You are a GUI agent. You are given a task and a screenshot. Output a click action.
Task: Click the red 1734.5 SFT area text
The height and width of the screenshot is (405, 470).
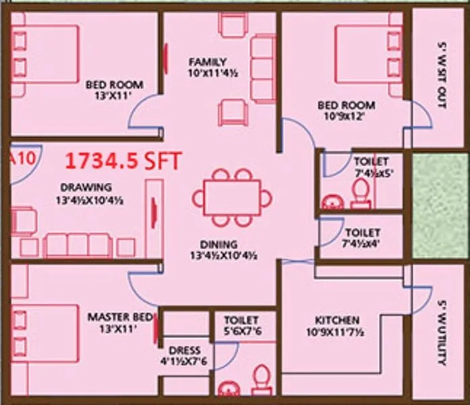(122, 162)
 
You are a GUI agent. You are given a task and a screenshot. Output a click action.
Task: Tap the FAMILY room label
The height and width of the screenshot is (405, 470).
(207, 62)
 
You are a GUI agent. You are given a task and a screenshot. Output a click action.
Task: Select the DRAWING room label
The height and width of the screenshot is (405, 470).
(86, 187)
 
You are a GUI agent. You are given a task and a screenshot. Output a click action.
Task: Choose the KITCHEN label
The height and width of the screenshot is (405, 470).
(337, 319)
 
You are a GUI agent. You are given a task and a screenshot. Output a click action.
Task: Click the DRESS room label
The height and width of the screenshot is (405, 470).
(185, 350)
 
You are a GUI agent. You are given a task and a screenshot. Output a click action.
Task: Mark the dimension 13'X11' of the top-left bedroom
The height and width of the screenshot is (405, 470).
(114, 97)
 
